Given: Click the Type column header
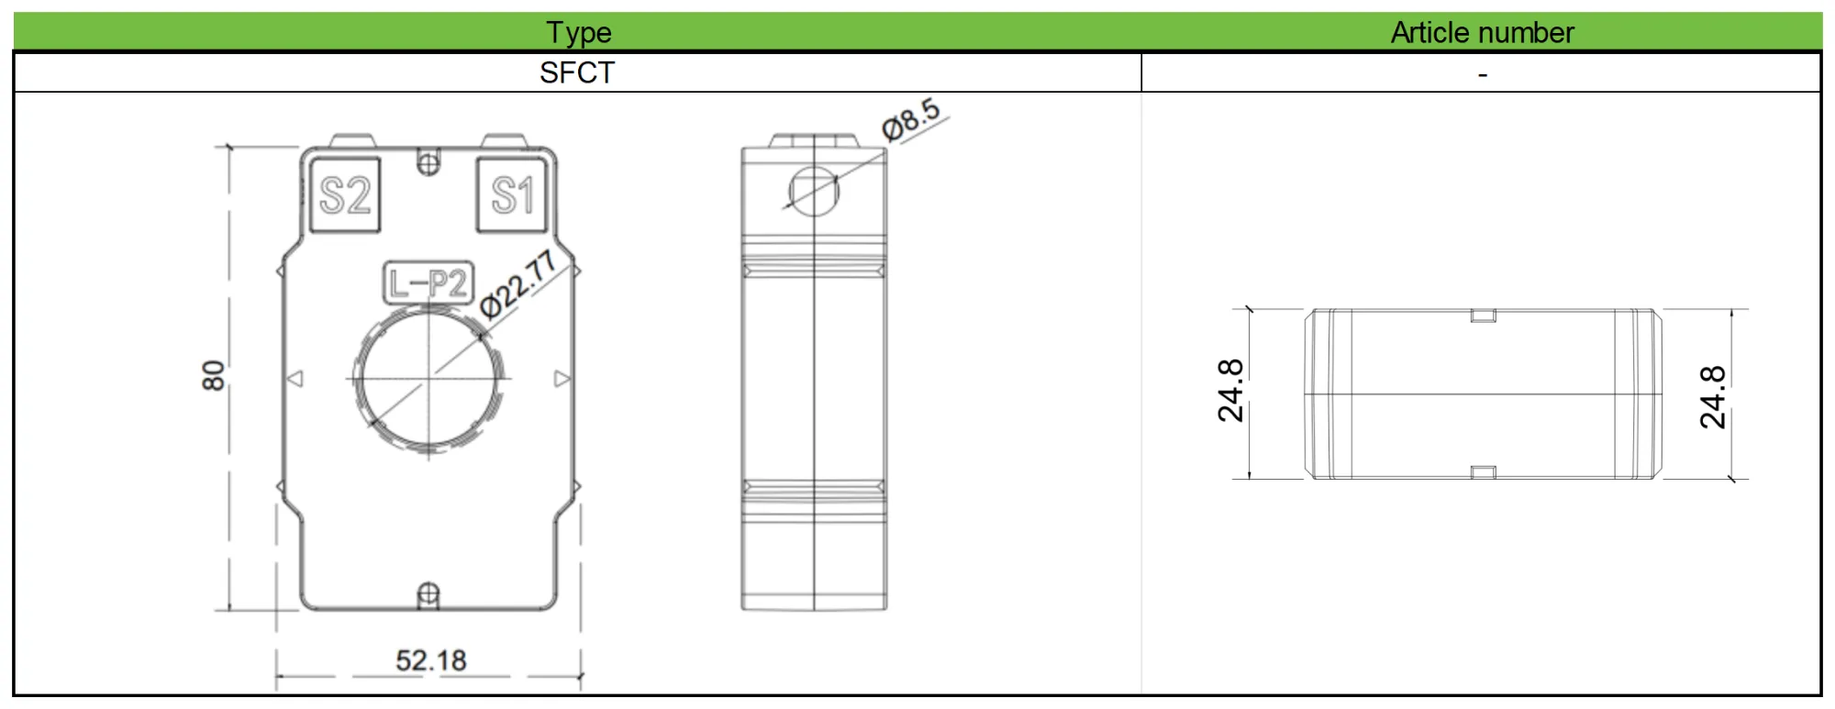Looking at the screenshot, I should (578, 32).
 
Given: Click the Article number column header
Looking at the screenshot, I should (1481, 32).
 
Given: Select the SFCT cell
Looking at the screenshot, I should (576, 72).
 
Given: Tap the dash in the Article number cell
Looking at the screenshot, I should (1482, 73).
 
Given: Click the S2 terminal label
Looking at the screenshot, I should (344, 195).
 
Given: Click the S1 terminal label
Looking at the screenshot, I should (512, 194).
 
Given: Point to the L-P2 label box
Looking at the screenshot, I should (428, 283).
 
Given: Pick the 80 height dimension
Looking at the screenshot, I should (213, 376).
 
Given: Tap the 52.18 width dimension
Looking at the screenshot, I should (430, 660).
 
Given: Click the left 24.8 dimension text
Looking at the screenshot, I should (1230, 391).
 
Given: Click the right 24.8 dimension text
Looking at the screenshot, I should (1712, 397).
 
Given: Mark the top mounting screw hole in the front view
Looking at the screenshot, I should (428, 163).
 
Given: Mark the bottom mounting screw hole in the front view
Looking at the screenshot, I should (428, 595).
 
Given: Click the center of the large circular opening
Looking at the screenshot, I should (428, 378).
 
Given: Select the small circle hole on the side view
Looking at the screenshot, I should (814, 192).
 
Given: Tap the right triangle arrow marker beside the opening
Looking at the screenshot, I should (562, 378).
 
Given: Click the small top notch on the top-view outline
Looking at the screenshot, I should (1483, 316).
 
